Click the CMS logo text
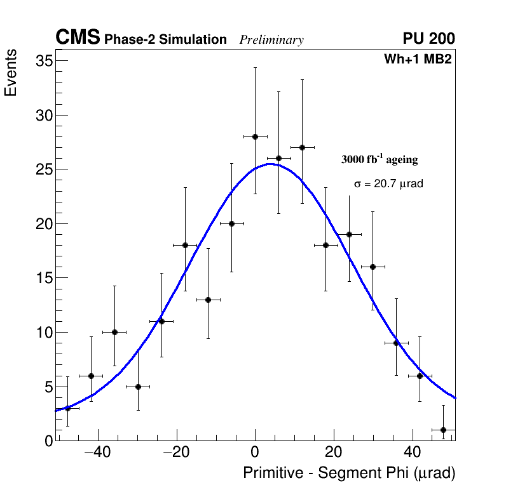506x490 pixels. point(78,38)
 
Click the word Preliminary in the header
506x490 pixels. point(271,40)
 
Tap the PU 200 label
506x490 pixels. point(428,39)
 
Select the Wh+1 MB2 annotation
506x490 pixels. point(417,60)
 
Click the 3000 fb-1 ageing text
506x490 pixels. point(379,159)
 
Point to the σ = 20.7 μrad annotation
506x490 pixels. point(388,184)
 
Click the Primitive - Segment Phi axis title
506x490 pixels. point(349,473)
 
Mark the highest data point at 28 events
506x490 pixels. point(255,136)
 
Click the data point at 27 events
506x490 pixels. point(302,147)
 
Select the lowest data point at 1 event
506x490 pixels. point(443,430)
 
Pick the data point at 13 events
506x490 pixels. point(208,300)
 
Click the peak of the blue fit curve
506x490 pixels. point(270,164)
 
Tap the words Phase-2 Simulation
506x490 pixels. point(165,40)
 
